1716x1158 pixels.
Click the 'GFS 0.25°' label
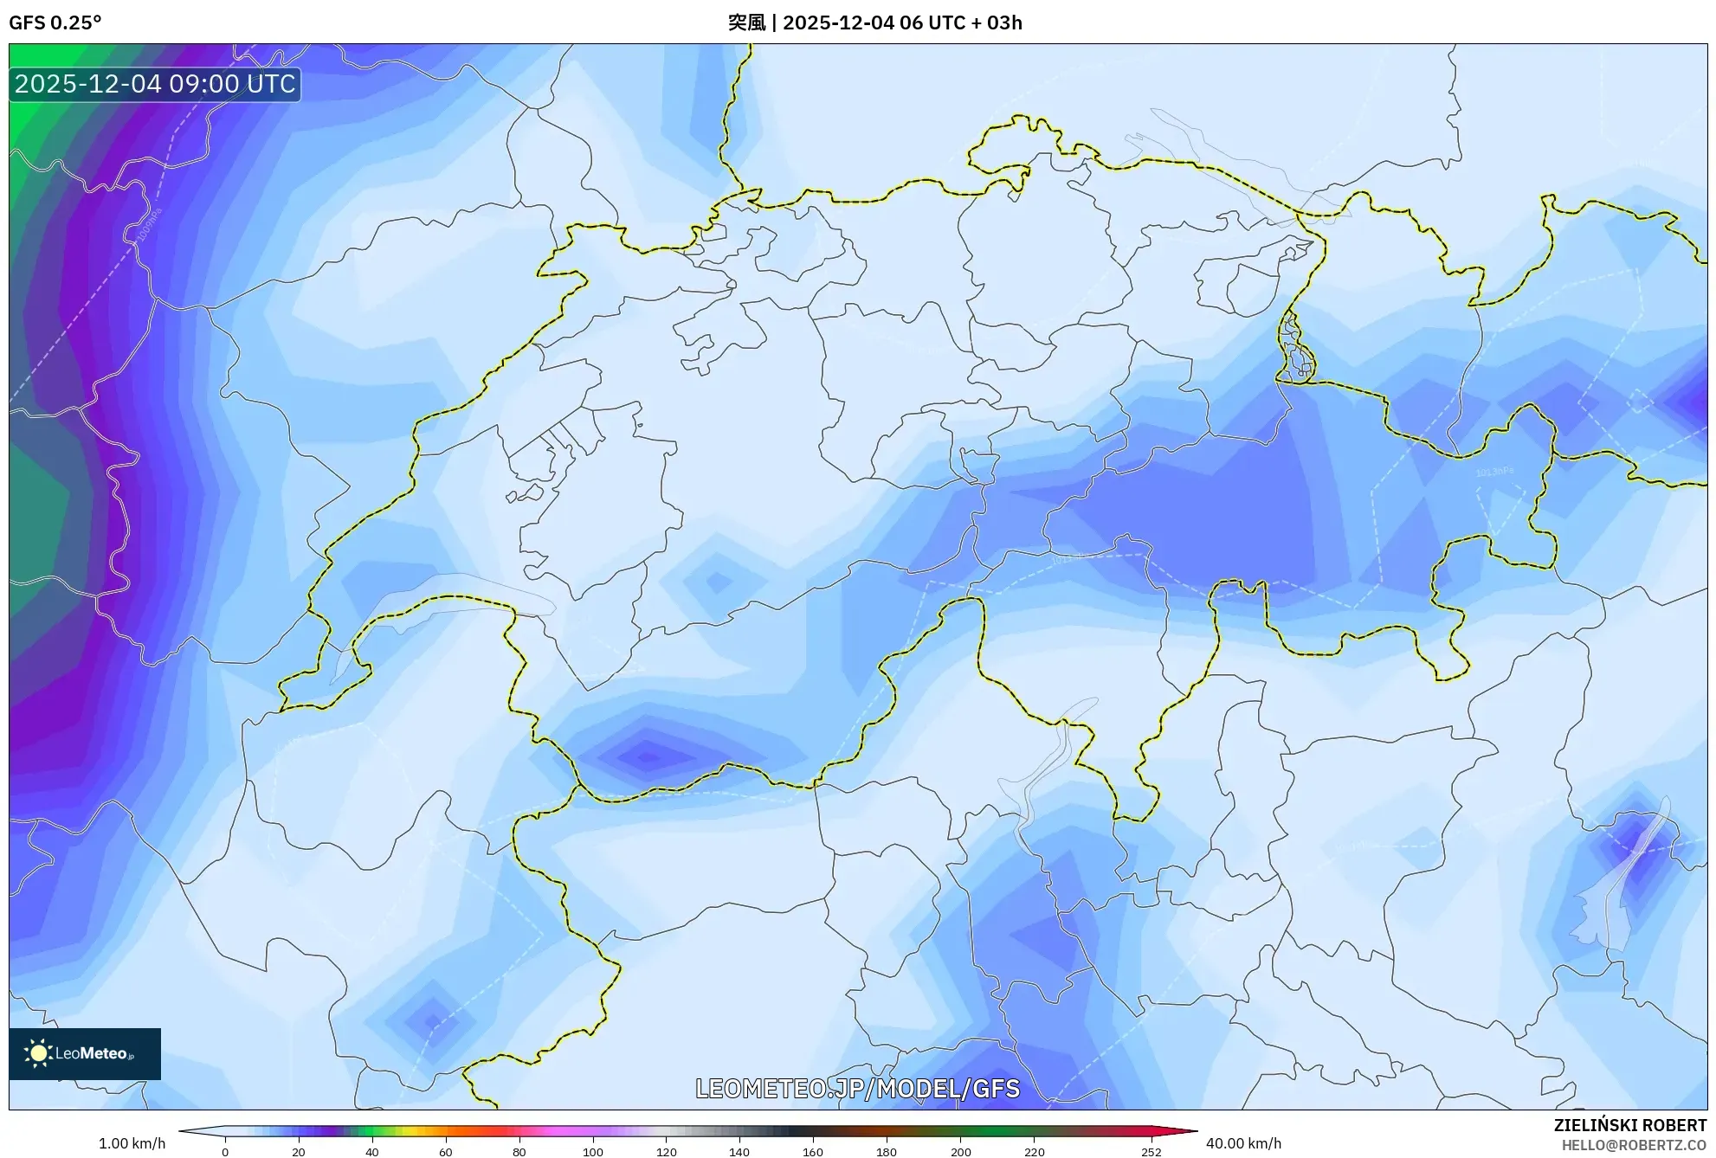(x=55, y=23)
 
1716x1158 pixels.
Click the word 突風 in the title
(x=746, y=23)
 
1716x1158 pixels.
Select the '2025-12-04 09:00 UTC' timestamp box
(x=155, y=84)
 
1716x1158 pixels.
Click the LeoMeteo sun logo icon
(x=38, y=1053)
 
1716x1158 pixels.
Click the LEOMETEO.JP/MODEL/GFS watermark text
(x=857, y=1088)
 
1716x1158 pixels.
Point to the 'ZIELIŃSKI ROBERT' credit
(x=1629, y=1125)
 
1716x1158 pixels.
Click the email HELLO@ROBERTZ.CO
(x=1634, y=1145)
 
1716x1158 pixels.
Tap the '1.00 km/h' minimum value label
(x=132, y=1143)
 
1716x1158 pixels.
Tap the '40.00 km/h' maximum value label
(x=1243, y=1143)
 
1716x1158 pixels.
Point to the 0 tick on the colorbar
(x=225, y=1152)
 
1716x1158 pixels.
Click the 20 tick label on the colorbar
(x=298, y=1152)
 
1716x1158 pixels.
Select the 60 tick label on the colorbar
(x=445, y=1152)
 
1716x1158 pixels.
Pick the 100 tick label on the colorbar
(x=592, y=1152)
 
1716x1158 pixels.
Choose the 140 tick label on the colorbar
(x=739, y=1152)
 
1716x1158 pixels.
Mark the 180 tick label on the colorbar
(x=887, y=1152)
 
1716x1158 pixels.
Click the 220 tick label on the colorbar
(x=1034, y=1152)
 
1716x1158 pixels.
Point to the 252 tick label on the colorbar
(x=1151, y=1152)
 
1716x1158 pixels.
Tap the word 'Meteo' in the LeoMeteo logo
(x=103, y=1053)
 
